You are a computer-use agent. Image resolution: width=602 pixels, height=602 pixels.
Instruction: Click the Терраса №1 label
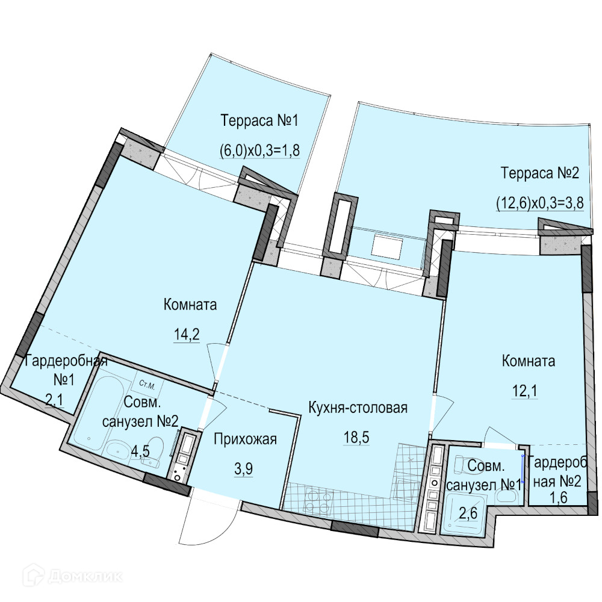click(x=259, y=121)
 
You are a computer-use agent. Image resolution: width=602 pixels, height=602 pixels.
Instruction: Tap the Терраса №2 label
click(x=539, y=173)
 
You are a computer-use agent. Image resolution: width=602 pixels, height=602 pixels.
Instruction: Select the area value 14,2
click(x=187, y=335)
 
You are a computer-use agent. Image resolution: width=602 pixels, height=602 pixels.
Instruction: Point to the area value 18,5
click(x=356, y=437)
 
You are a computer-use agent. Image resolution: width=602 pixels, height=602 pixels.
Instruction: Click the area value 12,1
click(x=524, y=391)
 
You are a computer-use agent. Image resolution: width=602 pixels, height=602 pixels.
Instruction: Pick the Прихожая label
click(x=246, y=439)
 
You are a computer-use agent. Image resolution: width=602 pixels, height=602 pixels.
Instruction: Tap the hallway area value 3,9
click(x=244, y=469)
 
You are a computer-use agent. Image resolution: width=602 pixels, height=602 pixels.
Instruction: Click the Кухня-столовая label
click(x=358, y=408)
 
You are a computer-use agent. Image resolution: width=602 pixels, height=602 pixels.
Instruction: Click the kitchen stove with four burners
click(x=317, y=498)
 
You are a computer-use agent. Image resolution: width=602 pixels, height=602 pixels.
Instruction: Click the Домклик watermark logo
click(x=72, y=577)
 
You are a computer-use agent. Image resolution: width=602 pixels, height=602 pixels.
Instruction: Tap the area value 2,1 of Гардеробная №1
click(x=54, y=400)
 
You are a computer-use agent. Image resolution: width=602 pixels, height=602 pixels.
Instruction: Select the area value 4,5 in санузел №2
click(x=140, y=450)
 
